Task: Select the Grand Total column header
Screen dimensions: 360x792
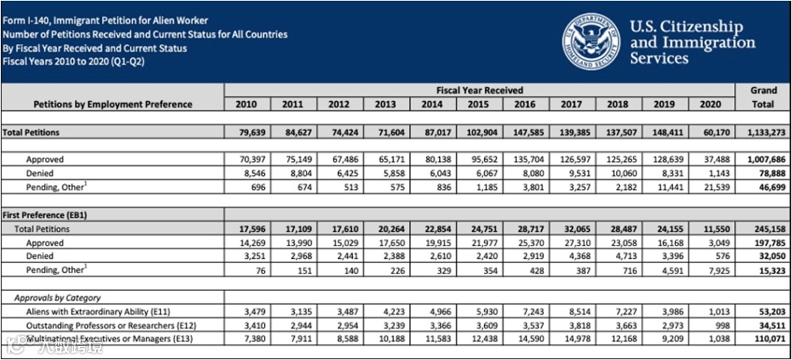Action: pos(763,97)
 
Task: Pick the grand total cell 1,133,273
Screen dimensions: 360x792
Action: pos(763,133)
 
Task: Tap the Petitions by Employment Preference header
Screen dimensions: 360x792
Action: pos(113,104)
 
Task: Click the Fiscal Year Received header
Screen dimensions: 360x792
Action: pos(480,90)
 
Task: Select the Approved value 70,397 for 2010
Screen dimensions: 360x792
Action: pos(248,159)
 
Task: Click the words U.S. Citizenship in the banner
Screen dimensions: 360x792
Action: pos(686,27)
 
